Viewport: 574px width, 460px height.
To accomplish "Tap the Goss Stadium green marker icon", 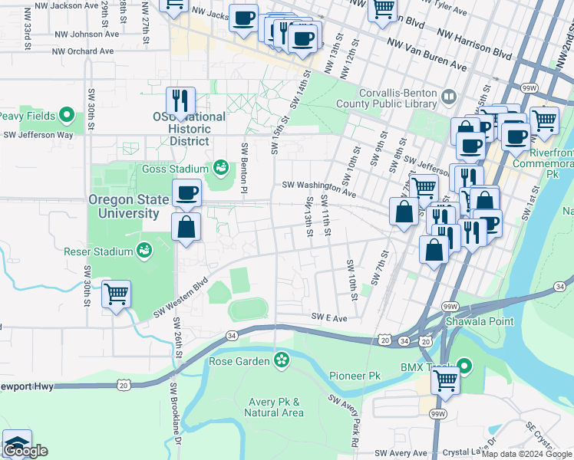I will point(221,166).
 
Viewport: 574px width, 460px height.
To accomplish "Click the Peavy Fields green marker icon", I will point(67,117).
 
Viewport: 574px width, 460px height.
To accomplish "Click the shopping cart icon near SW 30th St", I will point(116,294).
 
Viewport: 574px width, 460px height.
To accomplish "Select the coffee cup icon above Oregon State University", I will point(186,194).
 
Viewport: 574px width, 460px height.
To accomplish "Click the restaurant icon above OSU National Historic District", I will point(180,101).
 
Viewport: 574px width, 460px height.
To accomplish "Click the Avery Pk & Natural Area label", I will point(274,407).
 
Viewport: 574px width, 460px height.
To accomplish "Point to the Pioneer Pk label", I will point(355,376).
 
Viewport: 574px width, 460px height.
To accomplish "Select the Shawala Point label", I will point(481,321).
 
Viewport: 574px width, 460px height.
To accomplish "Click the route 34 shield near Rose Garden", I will point(231,334).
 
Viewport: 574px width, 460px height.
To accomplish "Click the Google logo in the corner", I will point(25,451).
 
